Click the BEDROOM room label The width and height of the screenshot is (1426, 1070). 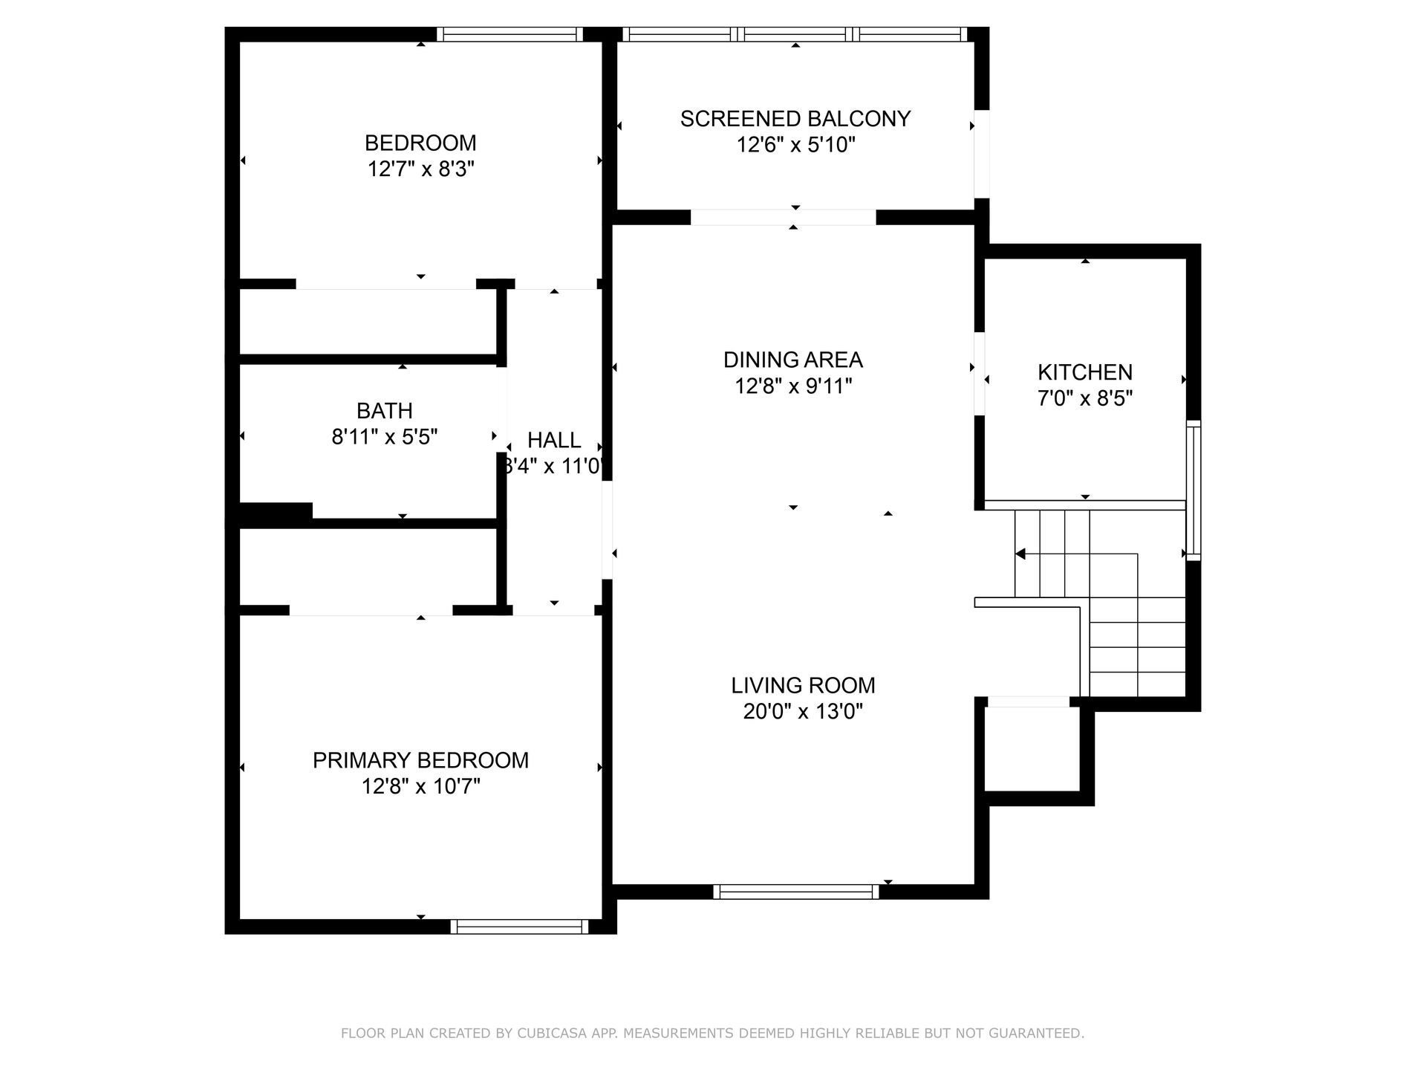(x=420, y=143)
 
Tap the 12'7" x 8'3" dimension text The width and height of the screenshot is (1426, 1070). (x=420, y=169)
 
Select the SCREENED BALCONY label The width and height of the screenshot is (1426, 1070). (x=795, y=119)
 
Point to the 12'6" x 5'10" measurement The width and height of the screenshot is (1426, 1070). (x=795, y=145)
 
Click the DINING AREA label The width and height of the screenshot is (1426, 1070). (x=793, y=360)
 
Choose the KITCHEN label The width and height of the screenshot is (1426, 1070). (x=1085, y=372)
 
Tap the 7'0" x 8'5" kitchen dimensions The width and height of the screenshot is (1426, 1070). (x=1085, y=399)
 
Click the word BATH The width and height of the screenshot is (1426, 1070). (x=385, y=410)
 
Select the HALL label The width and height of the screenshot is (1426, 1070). (x=554, y=440)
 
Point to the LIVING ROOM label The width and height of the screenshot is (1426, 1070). (x=803, y=685)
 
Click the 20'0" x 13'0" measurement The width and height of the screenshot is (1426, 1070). (x=803, y=712)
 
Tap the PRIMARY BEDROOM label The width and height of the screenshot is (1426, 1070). (x=420, y=760)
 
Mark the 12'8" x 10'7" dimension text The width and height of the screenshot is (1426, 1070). (x=420, y=786)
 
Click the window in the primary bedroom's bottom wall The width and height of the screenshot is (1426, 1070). (x=520, y=927)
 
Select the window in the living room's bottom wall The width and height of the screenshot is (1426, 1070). (x=796, y=892)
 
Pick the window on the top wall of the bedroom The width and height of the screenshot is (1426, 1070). (x=509, y=34)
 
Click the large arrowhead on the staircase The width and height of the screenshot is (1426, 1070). (x=1020, y=554)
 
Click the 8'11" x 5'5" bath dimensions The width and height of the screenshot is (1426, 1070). (x=385, y=437)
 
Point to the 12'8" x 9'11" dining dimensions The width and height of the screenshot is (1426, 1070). (x=793, y=386)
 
